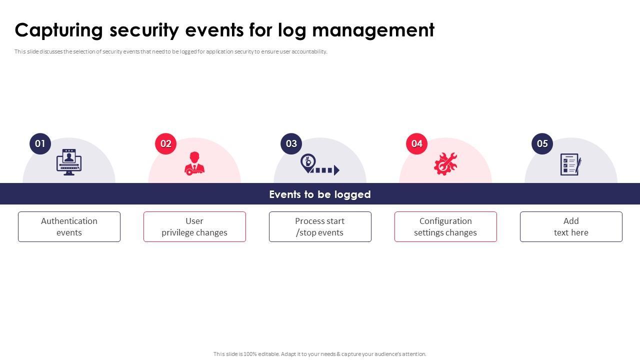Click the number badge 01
[x=40, y=144]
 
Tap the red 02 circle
[x=166, y=144]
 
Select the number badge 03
[x=291, y=144]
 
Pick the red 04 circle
[x=417, y=144]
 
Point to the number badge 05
[x=542, y=144]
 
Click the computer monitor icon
[x=69, y=162]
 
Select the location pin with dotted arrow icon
[x=319, y=164]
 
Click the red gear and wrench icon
[x=445, y=164]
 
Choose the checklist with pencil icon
[x=570, y=164]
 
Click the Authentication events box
[x=69, y=227]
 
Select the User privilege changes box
[x=194, y=227]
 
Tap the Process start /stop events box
[x=320, y=227]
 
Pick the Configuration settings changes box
[x=445, y=227]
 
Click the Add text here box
[x=571, y=227]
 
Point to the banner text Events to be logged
[x=320, y=194]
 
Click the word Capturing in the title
[x=59, y=30]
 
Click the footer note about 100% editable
[x=320, y=354]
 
